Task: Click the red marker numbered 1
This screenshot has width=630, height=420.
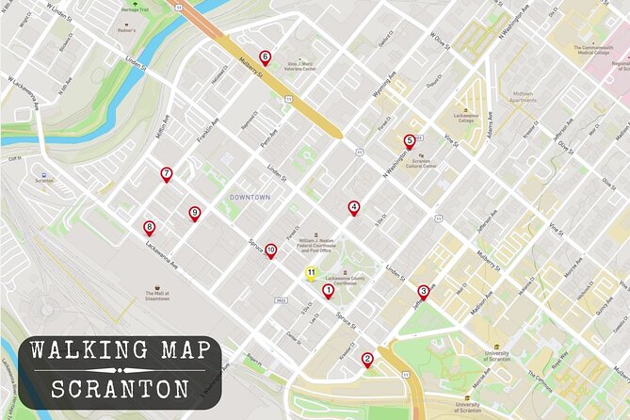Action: click(329, 291)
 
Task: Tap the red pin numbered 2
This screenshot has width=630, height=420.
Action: click(367, 358)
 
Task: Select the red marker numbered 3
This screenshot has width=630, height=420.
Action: click(423, 292)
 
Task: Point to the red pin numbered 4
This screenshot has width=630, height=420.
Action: click(354, 208)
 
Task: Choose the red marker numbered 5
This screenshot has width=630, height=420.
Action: click(409, 141)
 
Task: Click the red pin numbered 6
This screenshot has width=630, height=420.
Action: click(265, 57)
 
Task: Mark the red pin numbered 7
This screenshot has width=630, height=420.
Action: click(167, 173)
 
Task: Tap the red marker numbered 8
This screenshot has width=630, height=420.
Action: click(149, 227)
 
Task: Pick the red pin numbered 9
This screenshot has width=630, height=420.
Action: click(195, 213)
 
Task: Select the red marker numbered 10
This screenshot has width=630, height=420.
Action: click(270, 250)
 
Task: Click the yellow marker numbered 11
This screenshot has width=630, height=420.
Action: click(310, 273)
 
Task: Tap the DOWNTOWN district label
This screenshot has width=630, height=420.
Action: click(250, 197)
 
